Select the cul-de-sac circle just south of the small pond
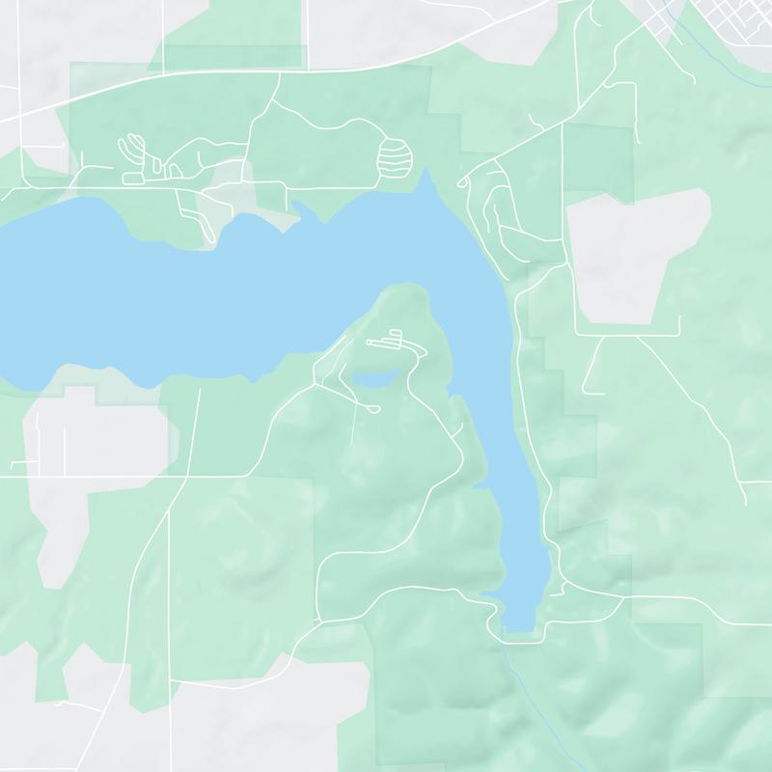[374, 410]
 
